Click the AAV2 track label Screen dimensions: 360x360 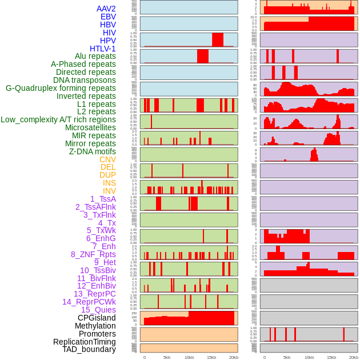[x=106, y=9]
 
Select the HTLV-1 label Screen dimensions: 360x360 [x=102, y=49]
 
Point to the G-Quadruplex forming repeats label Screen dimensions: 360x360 [x=61, y=88]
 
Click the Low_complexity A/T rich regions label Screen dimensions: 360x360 [x=58, y=119]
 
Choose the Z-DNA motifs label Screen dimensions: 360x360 [x=92, y=151]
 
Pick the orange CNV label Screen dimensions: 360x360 [x=107, y=159]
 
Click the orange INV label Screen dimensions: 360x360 [x=109, y=191]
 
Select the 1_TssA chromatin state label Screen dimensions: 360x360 [x=103, y=199]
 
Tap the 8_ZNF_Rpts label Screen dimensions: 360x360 [x=93, y=254]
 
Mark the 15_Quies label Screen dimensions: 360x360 [x=98, y=310]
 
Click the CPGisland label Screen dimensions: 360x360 [x=97, y=318]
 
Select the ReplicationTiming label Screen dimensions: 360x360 [x=84, y=342]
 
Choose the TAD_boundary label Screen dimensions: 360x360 [x=89, y=349]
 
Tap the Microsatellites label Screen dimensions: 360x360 [x=90, y=127]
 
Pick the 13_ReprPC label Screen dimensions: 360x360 [x=94, y=294]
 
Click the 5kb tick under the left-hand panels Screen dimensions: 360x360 [x=166, y=357]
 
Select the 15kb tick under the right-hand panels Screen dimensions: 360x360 [x=331, y=357]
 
